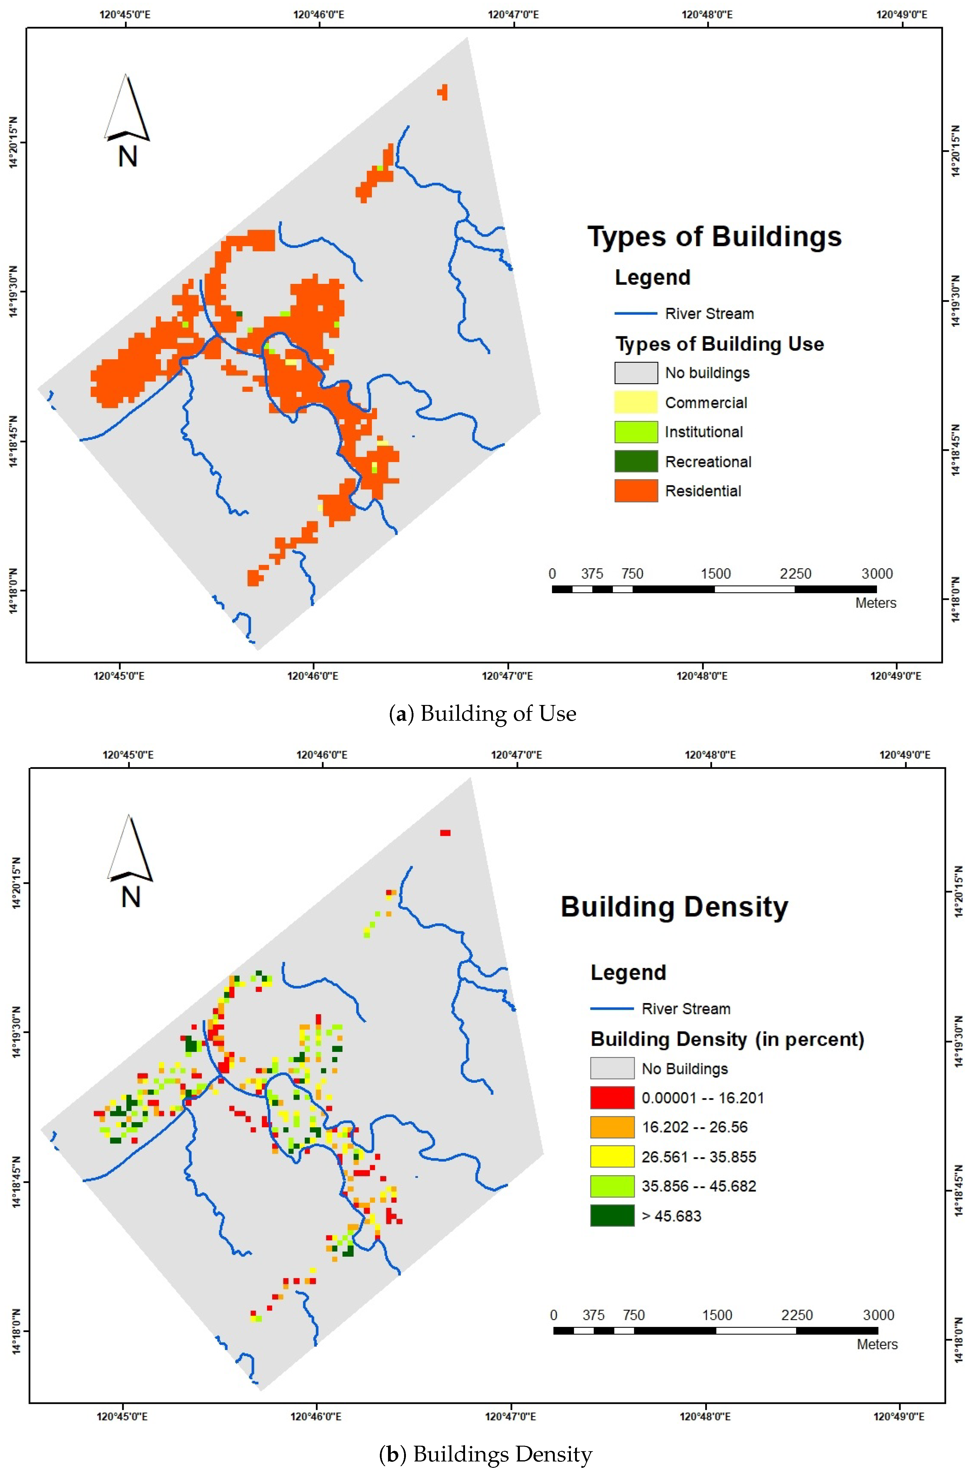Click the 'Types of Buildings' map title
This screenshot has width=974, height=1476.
click(x=714, y=237)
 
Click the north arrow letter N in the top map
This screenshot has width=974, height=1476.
click(x=127, y=156)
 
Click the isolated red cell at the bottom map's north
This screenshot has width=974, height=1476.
click(x=445, y=833)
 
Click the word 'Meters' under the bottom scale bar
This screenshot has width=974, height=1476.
click(x=877, y=1345)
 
